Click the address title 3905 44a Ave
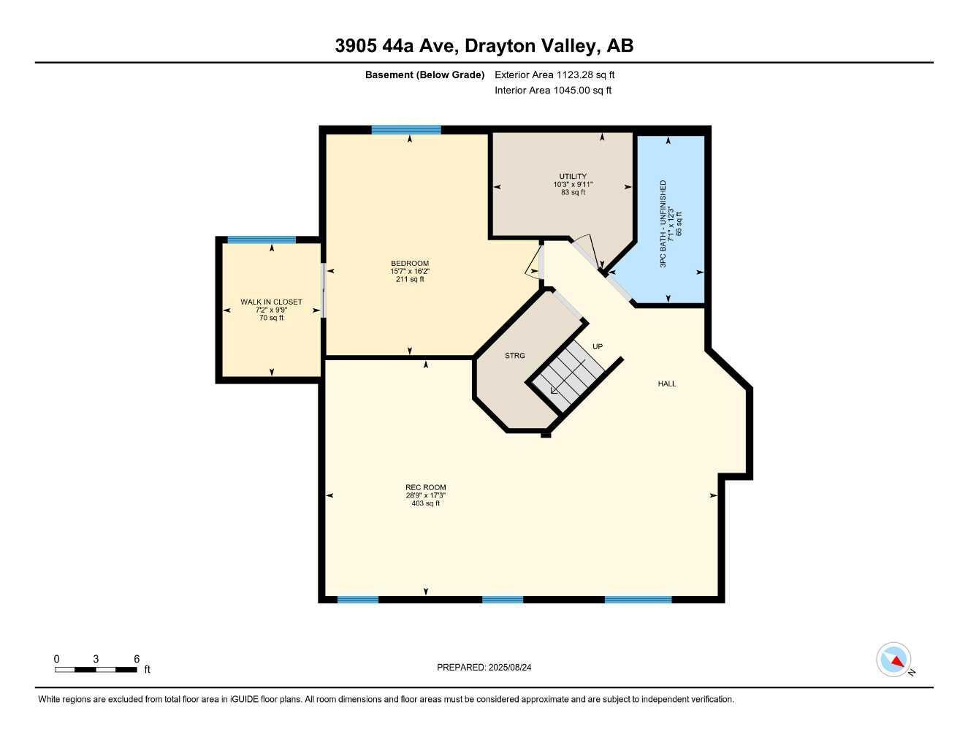484,45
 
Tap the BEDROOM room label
410,264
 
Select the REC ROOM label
426,487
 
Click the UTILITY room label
573,177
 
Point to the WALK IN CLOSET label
272,302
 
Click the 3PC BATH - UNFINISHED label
663,224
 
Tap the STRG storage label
515,356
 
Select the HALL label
667,383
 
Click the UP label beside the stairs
598,346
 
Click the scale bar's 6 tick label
137,659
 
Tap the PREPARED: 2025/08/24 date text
489,667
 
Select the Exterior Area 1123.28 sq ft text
555,75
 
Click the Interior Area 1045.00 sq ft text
553,91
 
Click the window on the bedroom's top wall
406,130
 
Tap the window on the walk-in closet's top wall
262,240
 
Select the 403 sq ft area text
426,503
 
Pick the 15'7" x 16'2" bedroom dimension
410,271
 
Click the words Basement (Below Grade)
424,75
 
